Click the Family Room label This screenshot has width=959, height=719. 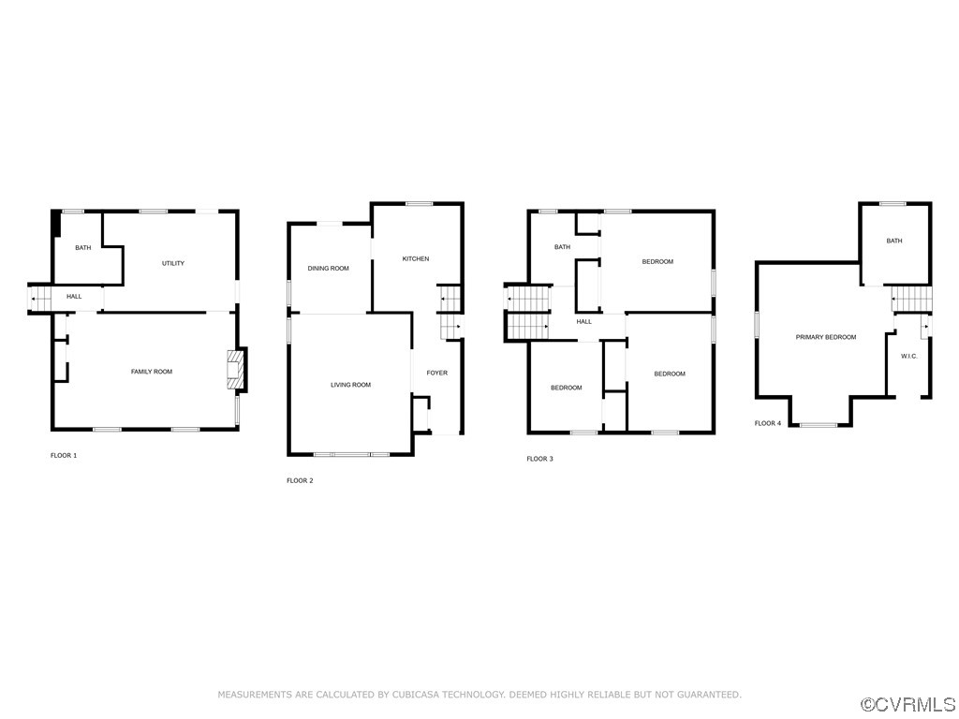152,372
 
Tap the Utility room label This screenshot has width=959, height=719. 173,263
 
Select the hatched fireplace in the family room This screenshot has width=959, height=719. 235,369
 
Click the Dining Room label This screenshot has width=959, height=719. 329,269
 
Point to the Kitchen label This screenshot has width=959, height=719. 416,259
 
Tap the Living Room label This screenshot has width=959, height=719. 351,385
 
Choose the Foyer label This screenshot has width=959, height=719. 437,373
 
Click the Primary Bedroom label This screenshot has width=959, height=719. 826,337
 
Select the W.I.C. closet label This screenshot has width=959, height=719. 909,357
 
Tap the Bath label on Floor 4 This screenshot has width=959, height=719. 894,241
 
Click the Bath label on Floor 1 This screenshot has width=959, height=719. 83,248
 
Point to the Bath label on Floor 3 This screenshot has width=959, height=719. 562,247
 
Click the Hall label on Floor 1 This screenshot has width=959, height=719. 74,297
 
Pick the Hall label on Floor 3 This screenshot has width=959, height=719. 584,322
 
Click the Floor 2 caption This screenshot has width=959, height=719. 300,481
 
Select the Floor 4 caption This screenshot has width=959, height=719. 768,424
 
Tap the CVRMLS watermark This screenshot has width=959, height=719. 908,705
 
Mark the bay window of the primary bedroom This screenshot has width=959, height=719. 819,425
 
